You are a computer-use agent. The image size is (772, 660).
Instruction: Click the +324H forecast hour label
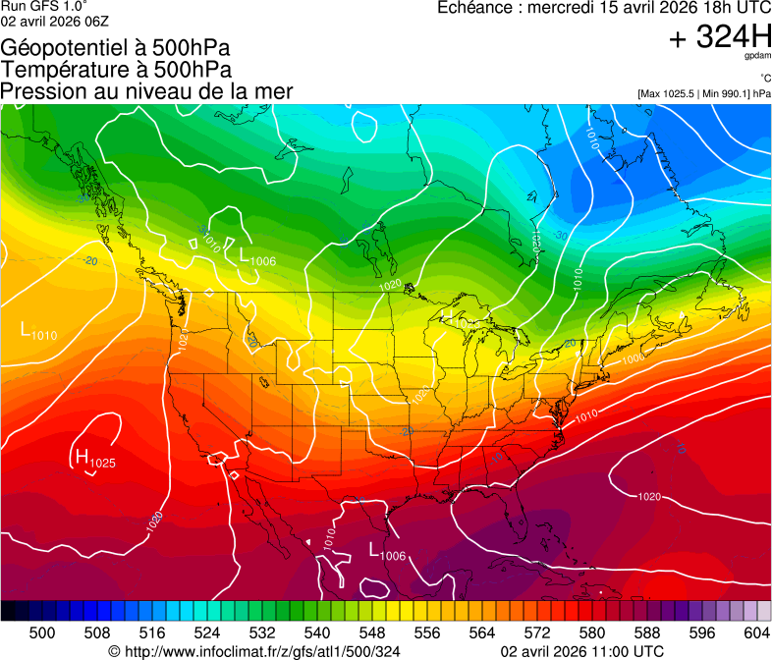click(720, 37)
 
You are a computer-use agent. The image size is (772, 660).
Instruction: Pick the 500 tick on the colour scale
click(42, 632)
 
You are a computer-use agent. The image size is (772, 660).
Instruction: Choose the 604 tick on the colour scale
click(756, 632)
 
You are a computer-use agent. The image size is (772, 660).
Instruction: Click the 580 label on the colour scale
click(592, 632)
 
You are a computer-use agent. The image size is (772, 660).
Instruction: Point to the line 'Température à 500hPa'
click(116, 70)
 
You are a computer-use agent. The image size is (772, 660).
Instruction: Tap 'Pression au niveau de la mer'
click(146, 91)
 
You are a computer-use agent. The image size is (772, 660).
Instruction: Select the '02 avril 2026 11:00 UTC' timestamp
click(581, 651)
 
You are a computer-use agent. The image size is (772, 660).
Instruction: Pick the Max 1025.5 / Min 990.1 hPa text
click(703, 93)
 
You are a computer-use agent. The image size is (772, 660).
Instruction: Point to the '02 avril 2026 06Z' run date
click(55, 21)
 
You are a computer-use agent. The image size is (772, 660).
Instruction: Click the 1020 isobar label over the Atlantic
click(648, 497)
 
